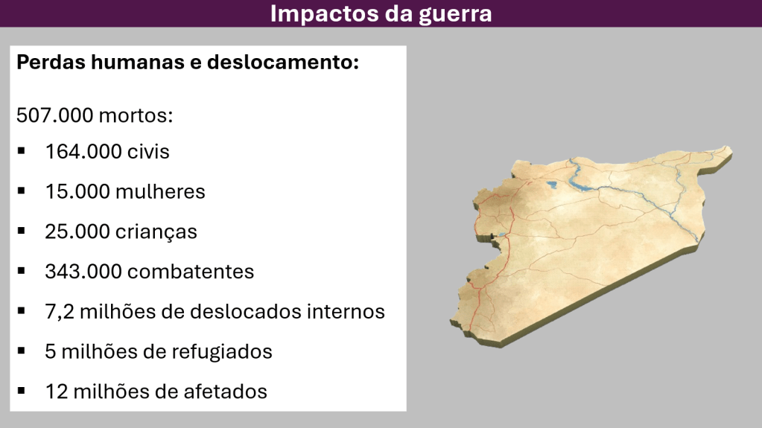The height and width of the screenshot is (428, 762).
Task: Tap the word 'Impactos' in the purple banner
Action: (x=325, y=13)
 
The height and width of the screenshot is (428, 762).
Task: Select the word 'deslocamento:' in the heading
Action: (x=283, y=63)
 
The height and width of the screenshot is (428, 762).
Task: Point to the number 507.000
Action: (x=54, y=115)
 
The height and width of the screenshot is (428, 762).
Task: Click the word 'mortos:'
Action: (x=136, y=116)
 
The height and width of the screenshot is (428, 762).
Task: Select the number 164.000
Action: (x=83, y=152)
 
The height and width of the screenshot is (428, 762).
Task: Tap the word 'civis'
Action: (x=148, y=152)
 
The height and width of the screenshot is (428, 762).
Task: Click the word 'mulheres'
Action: (x=160, y=191)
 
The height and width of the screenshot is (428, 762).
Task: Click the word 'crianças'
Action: (x=156, y=232)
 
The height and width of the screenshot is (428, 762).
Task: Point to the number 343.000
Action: (x=83, y=272)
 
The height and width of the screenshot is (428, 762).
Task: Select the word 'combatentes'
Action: (x=191, y=272)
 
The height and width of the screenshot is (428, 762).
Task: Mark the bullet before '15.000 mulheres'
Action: (x=21, y=191)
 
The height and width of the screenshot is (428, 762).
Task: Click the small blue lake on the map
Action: (x=551, y=185)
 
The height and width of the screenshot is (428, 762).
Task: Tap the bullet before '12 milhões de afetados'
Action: (x=21, y=391)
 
